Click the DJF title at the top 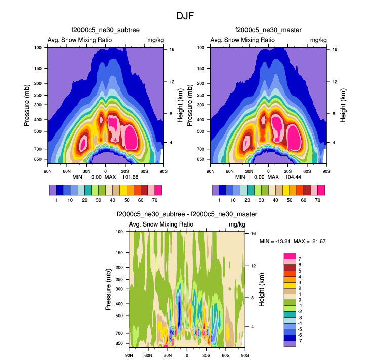coord(185,16)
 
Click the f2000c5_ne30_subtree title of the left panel coord(105,31)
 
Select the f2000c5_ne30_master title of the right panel coord(268,31)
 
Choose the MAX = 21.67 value coord(311,241)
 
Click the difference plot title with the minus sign coord(187,215)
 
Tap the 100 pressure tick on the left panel coord(38,48)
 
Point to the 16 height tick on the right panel coord(335,50)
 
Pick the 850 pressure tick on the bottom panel coord(119,343)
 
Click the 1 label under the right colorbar coord(219,200)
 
